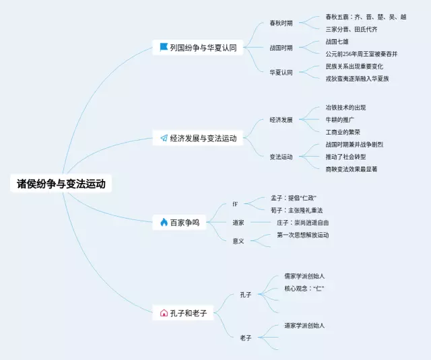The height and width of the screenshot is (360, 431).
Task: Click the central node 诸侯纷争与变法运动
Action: pos(61,184)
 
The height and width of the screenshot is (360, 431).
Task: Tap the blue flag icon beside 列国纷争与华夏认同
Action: pos(163,47)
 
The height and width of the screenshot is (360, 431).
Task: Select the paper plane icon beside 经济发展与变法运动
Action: pos(164,138)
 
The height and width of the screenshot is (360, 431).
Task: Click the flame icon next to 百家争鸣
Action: pos(164,222)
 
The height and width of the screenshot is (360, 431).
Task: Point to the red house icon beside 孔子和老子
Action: pos(164,313)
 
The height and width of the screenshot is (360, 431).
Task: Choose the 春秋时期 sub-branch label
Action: pos(281,23)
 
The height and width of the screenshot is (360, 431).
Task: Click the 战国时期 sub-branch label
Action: pos(281,48)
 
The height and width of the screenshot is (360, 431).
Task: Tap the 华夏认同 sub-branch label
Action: pos(281,72)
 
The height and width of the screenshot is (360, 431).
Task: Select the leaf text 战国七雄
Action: pos(339,42)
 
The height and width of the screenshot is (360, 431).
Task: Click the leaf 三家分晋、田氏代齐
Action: pos(351,29)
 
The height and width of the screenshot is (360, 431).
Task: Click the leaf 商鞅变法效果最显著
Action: pos(351,169)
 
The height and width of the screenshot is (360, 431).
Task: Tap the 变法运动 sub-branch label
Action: pos(281,157)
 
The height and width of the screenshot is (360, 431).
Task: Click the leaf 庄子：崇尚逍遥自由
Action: pos(302,222)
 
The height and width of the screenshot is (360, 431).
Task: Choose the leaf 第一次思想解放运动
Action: pos(302,235)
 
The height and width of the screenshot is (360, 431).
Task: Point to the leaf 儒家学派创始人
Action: pos(304,276)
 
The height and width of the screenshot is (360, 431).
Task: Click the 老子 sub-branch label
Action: pos(245,337)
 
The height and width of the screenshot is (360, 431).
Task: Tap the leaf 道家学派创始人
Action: pos(304,325)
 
